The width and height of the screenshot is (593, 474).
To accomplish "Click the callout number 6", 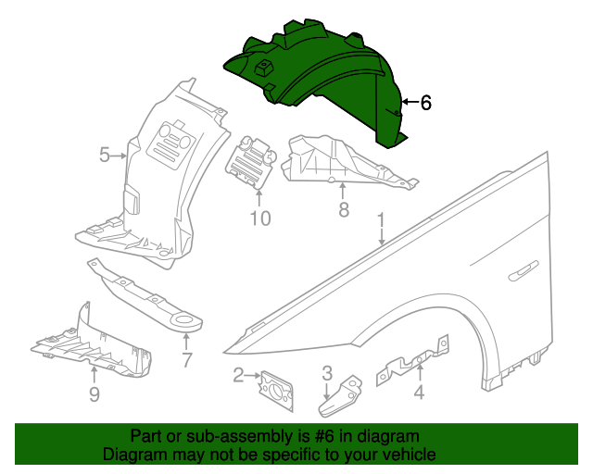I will pyautogui.click(x=425, y=103).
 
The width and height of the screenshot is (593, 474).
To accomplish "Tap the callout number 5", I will pyautogui.click(x=105, y=156).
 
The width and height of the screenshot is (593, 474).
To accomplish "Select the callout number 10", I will pyautogui.click(x=259, y=218).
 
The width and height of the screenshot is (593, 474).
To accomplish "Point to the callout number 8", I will pyautogui.click(x=344, y=210).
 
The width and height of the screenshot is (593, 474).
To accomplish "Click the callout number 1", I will pyautogui.click(x=380, y=221).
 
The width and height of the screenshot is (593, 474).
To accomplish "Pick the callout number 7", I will pyautogui.click(x=187, y=359).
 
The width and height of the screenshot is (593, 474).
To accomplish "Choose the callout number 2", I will pyautogui.click(x=239, y=375).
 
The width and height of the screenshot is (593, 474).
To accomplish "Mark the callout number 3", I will pyautogui.click(x=327, y=373).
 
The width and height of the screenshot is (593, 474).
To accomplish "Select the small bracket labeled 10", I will pyautogui.click(x=252, y=163).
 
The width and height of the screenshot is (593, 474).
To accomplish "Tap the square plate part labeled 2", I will pyautogui.click(x=275, y=386).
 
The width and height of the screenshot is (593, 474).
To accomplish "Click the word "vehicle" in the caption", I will pyautogui.click(x=408, y=455).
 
